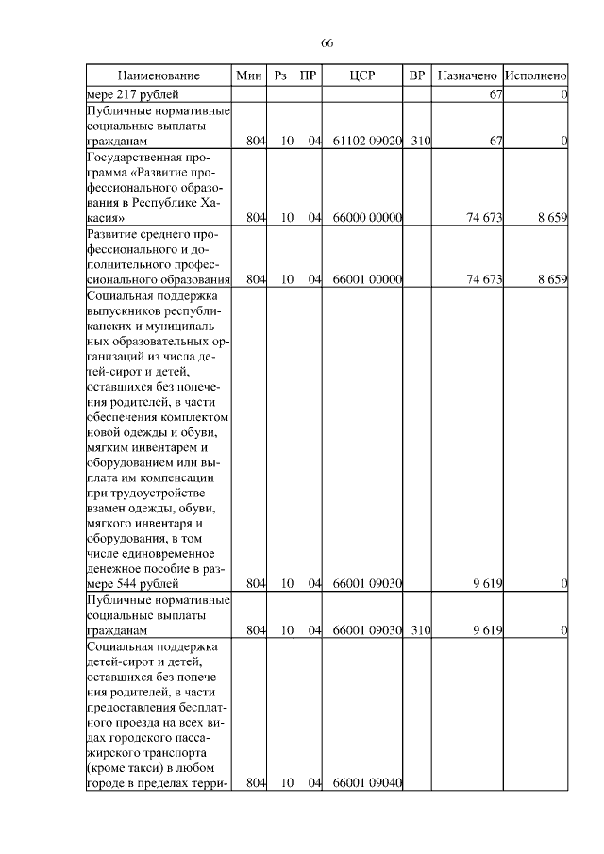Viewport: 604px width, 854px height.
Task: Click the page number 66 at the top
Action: tap(327, 43)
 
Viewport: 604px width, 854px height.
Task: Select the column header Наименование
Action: tap(159, 75)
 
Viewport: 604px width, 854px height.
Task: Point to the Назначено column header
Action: tap(467, 75)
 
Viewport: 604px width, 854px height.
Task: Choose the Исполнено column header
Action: tap(535, 75)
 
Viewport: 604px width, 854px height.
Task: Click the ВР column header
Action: tap(417, 75)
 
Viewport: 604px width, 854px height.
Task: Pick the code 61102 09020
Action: tap(368, 141)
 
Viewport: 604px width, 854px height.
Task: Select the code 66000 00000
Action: tap(368, 218)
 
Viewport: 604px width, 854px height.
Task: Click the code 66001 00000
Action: tap(368, 279)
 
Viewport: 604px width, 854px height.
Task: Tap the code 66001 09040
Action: tap(368, 782)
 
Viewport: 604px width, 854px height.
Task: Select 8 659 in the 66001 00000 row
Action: tap(551, 279)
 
